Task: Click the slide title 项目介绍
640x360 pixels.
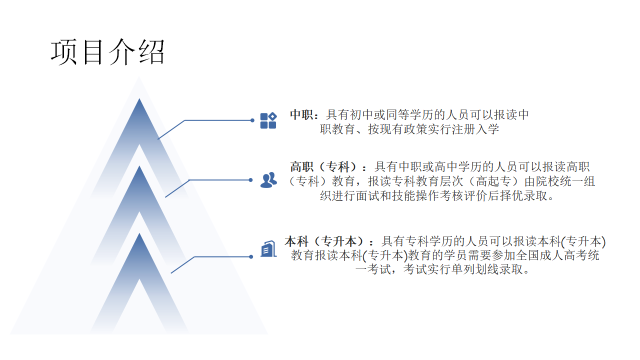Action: click(107, 52)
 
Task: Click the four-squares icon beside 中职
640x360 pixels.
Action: click(268, 120)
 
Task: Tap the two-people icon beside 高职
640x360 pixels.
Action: click(268, 179)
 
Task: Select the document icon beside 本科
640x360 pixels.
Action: click(268, 249)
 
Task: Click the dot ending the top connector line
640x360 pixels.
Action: click(252, 120)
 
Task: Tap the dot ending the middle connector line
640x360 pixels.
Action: click(250, 180)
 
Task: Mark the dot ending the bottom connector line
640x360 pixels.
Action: click(251, 257)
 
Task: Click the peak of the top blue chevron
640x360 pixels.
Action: click(139, 99)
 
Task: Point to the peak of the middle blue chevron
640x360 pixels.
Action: click(139, 166)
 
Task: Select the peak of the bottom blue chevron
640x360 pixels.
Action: click(139, 233)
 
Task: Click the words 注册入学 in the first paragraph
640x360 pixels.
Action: click(475, 129)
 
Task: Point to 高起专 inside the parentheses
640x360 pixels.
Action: click(493, 181)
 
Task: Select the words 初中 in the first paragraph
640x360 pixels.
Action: click(362, 115)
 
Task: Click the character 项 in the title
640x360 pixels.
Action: click(64, 52)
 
